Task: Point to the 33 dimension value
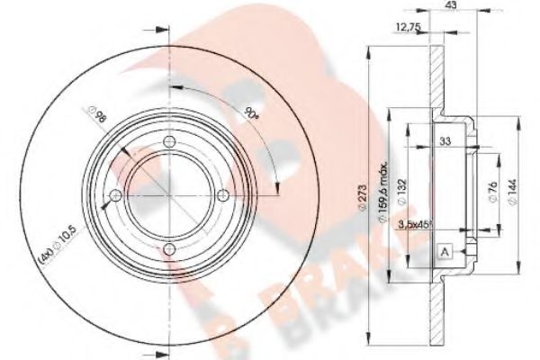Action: (445, 142)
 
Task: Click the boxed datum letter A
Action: (445, 253)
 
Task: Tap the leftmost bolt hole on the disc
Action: (114, 193)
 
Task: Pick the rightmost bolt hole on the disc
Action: (222, 193)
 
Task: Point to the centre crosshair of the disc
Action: (168, 193)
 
